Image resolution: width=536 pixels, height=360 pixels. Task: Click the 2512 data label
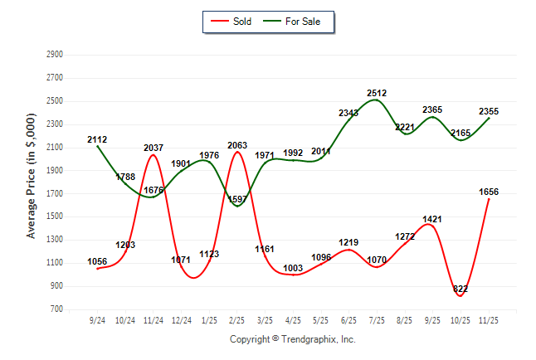[377, 94]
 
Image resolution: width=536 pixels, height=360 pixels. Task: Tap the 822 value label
[460, 288]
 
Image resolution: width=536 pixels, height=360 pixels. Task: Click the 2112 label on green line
[97, 139]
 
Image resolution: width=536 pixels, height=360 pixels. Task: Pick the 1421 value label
[432, 219]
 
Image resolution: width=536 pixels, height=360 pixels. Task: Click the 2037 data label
[153, 148]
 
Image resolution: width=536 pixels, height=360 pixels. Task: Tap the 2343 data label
[348, 113]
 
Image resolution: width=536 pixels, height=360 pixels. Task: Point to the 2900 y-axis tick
[56, 55]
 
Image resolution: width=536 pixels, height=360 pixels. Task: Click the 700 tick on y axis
[57, 309]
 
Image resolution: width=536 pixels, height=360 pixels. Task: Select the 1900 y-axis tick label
[56, 171]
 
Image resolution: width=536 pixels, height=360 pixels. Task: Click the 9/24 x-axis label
[97, 320]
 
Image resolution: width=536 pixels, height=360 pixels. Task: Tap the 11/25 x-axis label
[489, 320]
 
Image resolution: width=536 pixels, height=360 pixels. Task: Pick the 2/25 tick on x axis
[237, 320]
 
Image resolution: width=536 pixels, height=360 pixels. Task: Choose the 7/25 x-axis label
[377, 320]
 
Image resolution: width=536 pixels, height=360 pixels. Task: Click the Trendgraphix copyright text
[292, 339]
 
